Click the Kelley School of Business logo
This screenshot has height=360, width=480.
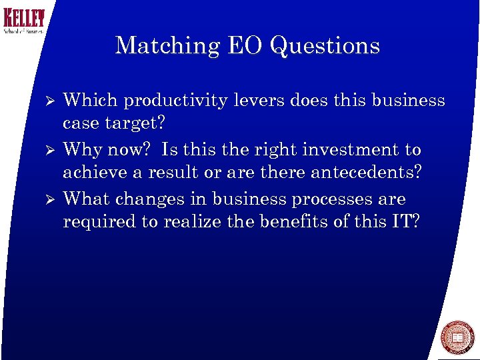pos(23,21)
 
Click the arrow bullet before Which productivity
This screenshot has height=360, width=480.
pos(47,101)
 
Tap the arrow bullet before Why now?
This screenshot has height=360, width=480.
pos(47,151)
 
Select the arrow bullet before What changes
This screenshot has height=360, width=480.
pos(47,200)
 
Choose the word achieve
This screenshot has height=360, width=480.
pos(90,173)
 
